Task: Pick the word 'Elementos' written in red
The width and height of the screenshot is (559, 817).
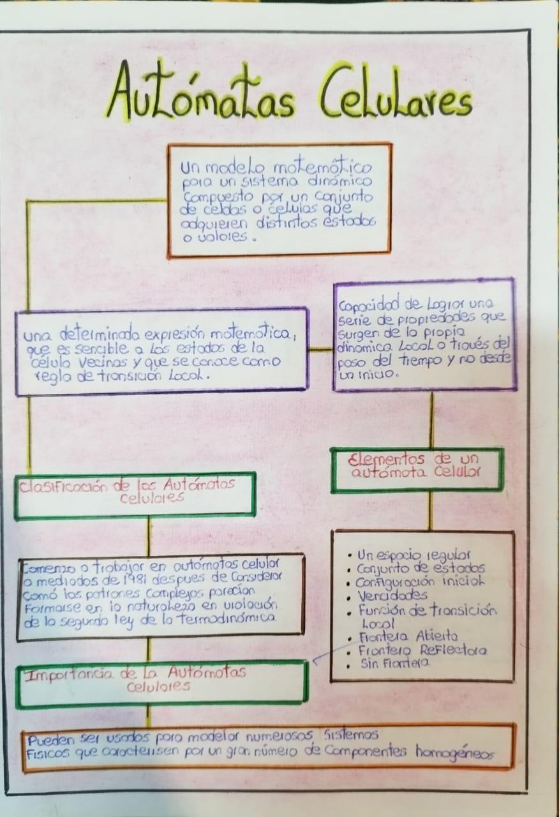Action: pyautogui.click(x=382, y=459)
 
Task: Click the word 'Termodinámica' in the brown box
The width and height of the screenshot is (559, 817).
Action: pyautogui.click(x=234, y=618)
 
